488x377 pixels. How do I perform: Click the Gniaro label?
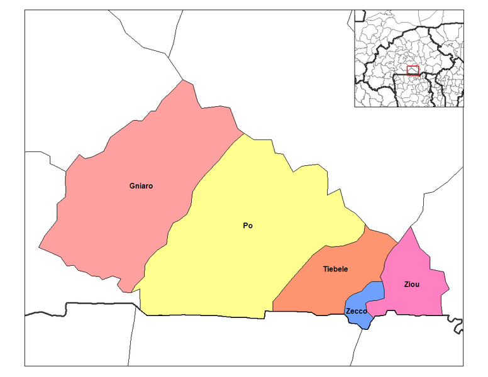coord(141,186)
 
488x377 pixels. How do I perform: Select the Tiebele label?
coord(335,269)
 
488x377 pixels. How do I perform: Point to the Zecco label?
coord(356,311)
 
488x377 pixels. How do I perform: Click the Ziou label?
coord(411,285)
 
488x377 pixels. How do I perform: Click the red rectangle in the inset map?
coord(413,70)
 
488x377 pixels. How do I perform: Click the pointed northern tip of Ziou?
coord(411,227)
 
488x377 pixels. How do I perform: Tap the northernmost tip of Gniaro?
coord(184,80)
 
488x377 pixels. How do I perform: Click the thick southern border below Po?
coord(208,315)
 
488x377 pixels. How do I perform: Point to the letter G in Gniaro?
coord(132,186)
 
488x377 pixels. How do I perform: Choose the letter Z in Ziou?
coord(406,285)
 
